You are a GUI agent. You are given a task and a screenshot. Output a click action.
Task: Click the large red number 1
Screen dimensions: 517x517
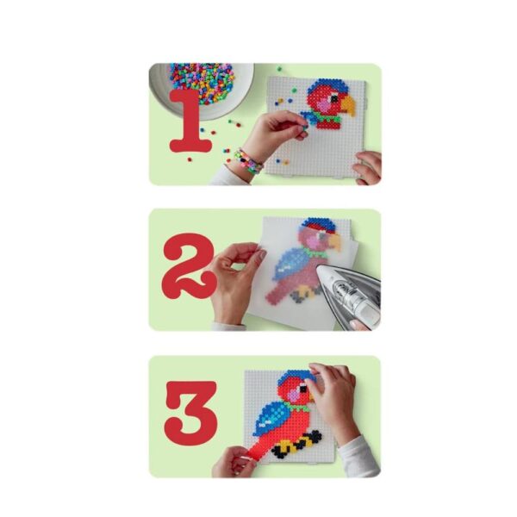point(191,122)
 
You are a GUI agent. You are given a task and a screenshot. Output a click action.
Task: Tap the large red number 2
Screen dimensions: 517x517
point(188,265)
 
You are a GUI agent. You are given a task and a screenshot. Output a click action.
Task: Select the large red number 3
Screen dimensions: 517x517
point(191,414)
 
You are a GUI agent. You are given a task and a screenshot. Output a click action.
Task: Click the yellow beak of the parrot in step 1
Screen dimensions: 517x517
point(348,104)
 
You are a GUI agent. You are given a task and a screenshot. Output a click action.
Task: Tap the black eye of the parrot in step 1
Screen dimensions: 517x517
point(334,98)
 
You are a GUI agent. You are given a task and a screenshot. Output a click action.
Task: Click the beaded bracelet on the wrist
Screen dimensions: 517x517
point(248,162)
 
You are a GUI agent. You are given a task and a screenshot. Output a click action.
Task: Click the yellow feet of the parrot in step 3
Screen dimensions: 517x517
point(291,445)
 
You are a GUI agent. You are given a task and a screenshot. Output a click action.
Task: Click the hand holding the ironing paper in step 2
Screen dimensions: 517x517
point(234,280)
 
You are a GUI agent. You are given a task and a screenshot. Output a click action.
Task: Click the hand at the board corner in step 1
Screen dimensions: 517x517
point(368,167)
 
